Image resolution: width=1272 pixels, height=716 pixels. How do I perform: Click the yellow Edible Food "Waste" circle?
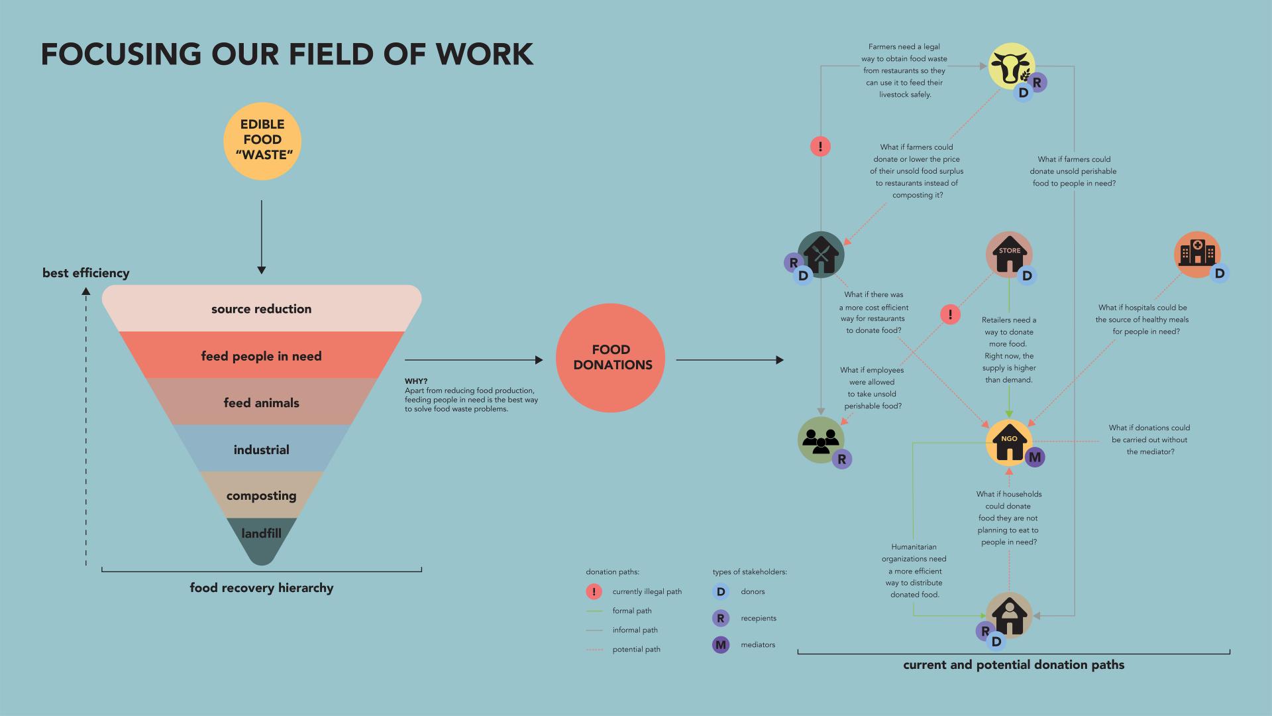(262, 141)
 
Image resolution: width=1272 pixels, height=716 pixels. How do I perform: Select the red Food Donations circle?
(610, 358)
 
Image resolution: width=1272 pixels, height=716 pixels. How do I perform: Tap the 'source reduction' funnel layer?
(262, 309)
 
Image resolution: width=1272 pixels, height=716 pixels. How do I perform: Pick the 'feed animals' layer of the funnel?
(262, 402)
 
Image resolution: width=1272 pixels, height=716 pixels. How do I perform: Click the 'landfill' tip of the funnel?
(262, 534)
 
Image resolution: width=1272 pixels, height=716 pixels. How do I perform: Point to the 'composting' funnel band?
(262, 496)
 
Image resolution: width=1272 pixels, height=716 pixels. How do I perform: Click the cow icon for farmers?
(1011, 66)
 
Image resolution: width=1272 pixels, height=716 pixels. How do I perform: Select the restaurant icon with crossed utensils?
(821, 254)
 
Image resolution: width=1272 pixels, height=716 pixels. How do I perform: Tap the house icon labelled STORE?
(1009, 254)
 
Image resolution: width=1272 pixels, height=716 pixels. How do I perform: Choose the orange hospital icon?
(1196, 254)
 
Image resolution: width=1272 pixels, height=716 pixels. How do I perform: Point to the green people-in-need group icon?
(821, 440)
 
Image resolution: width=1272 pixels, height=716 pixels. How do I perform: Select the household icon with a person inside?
(1009, 615)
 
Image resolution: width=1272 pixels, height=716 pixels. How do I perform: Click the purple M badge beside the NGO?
(1035, 457)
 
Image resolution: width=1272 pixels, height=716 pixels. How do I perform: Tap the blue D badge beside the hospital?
(1219, 273)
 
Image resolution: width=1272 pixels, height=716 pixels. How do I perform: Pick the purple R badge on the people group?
(841, 459)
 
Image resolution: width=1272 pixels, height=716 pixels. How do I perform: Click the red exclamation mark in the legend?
(594, 591)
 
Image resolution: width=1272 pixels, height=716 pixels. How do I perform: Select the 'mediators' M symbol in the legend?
(721, 644)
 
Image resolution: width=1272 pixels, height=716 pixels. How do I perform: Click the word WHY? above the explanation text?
(416, 381)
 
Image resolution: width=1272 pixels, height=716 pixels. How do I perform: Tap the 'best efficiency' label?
(86, 273)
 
